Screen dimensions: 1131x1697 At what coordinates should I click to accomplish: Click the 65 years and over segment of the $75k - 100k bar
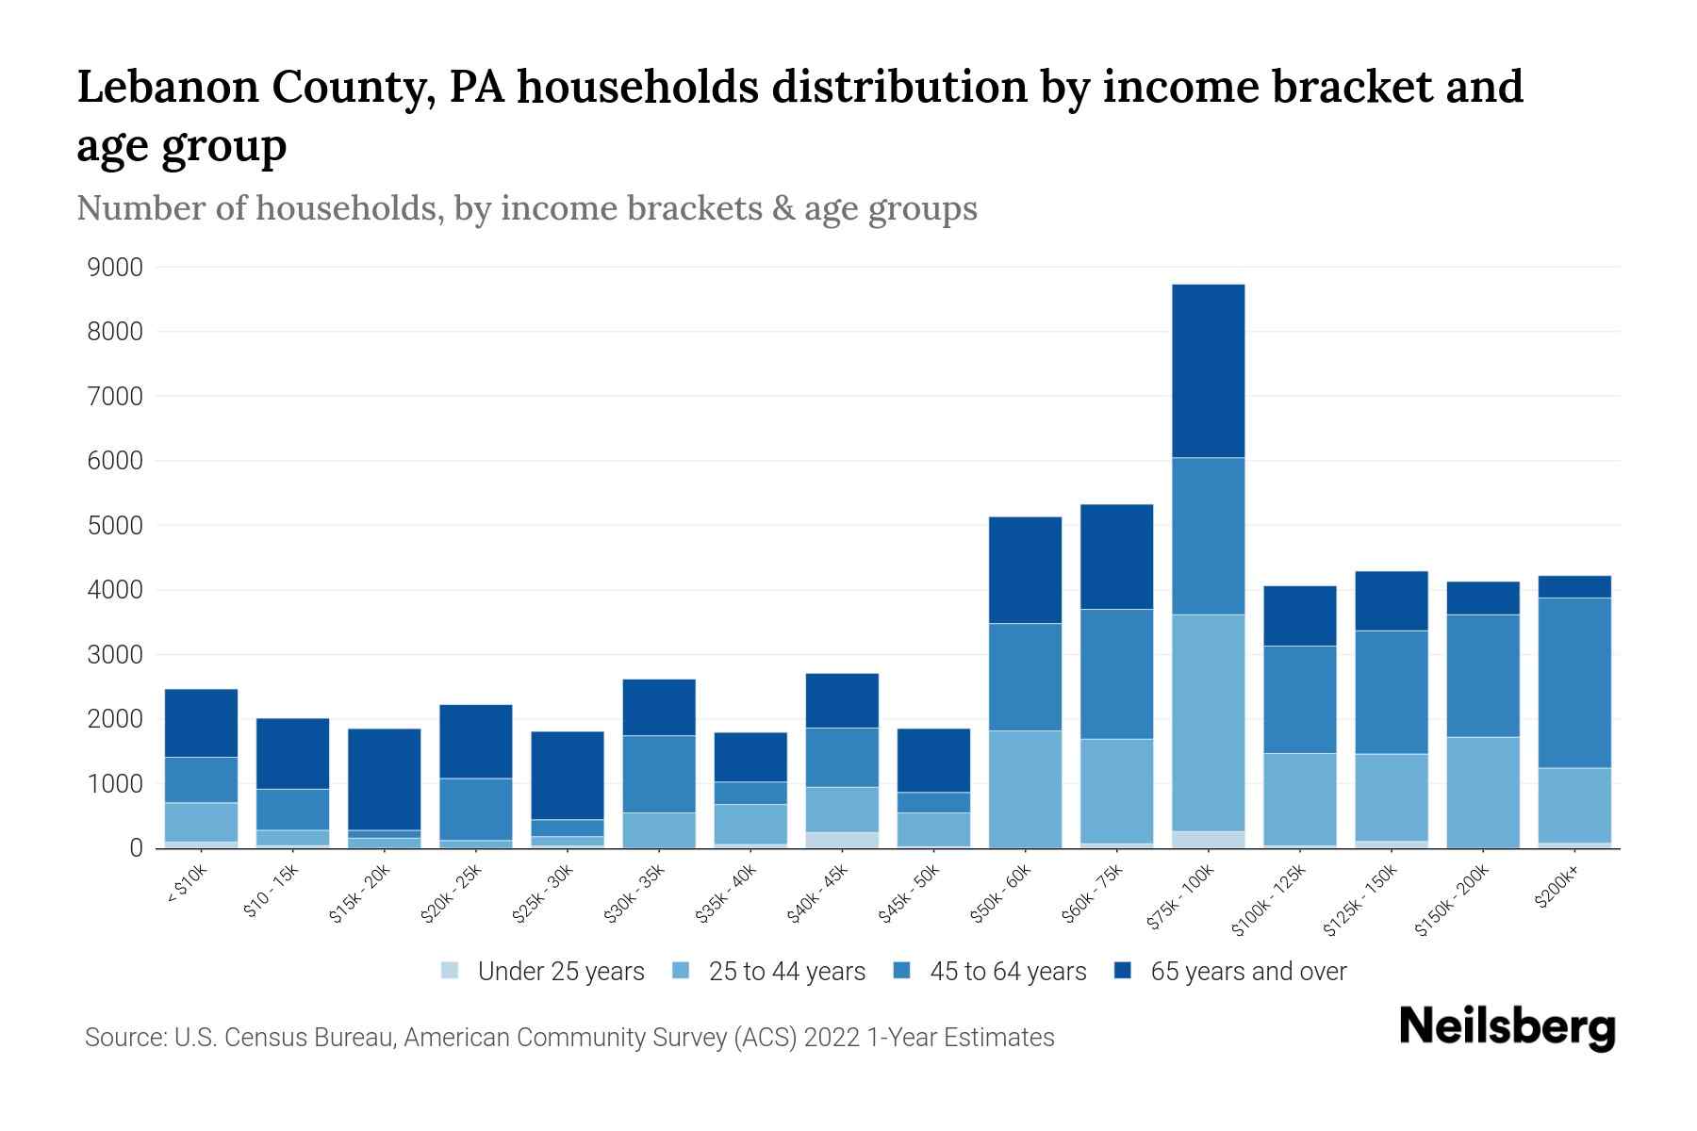pos(1208,370)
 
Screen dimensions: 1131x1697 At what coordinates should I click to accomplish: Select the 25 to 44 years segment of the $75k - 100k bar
pos(1208,723)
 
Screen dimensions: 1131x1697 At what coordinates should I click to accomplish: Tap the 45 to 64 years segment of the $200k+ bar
pos(1573,682)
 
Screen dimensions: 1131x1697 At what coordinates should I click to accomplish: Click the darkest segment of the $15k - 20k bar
pos(384,779)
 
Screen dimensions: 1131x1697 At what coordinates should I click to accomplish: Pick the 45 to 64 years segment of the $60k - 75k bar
pos(1116,674)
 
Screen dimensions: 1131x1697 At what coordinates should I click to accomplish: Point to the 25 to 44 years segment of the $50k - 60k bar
pos(1025,789)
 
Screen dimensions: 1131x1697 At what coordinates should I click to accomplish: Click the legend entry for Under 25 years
pos(561,972)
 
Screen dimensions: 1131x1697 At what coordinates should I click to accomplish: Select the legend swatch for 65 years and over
pos(1123,971)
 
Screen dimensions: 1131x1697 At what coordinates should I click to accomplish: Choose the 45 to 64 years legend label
pos(1008,972)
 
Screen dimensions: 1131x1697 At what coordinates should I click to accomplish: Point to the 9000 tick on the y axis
pos(115,268)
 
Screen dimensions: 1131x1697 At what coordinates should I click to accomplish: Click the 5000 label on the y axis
pos(115,526)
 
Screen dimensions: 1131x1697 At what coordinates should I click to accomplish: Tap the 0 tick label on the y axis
pos(136,848)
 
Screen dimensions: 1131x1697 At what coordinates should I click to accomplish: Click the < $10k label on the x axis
pos(187,886)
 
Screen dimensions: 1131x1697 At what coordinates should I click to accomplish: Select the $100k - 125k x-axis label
pos(1269,902)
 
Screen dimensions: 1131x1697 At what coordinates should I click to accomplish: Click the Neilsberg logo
pos(1507,1027)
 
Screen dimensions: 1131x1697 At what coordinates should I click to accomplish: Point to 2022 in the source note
pos(832,1038)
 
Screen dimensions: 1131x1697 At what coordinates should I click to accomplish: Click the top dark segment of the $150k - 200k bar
pos(1482,598)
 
